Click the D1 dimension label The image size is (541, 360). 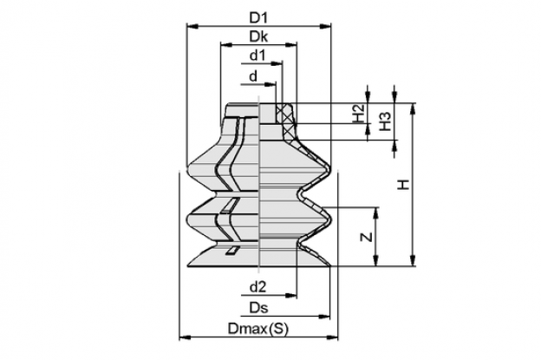point(258,18)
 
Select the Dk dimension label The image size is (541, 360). point(258,36)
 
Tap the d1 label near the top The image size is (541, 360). point(257,56)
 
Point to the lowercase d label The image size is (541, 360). point(253,76)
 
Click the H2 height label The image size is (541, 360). point(359,113)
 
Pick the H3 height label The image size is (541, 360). point(386,121)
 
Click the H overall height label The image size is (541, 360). point(403,185)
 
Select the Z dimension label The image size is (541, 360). point(367,237)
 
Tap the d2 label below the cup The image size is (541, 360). point(258,287)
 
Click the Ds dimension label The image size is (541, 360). point(258,308)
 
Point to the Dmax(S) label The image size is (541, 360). point(257,329)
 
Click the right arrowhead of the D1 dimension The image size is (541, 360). point(325,26)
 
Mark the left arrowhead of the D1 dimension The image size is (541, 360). point(192,26)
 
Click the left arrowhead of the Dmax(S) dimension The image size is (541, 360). point(186,337)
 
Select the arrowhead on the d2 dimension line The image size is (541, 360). point(291,295)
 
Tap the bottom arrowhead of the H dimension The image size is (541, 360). point(413,260)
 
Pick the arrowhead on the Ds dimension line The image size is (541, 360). point(324,316)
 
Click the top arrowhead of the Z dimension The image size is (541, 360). point(376,213)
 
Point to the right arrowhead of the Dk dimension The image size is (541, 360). point(291,44)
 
